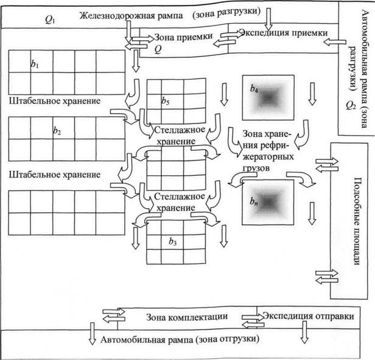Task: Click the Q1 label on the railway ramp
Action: (50, 20)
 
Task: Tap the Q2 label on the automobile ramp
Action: (351, 105)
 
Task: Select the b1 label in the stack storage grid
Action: (35, 63)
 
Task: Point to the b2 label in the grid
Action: (57, 131)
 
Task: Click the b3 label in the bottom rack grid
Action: (173, 241)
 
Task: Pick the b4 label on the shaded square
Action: (254, 89)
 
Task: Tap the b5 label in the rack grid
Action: (165, 101)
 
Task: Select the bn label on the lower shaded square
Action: (254, 202)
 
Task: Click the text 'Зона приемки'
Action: (183, 36)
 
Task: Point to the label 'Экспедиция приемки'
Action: (284, 33)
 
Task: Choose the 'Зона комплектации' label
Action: (187, 317)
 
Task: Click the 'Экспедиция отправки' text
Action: (309, 316)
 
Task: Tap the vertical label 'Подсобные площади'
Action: (357, 221)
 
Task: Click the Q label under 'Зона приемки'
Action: (158, 49)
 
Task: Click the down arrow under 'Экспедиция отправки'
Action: (304, 332)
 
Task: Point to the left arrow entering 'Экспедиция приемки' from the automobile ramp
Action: (335, 43)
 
